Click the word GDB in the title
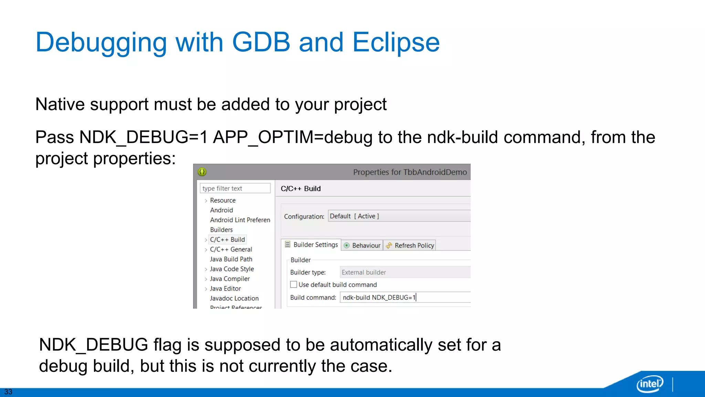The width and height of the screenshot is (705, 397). coord(261,42)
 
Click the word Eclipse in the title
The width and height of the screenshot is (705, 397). coord(396,42)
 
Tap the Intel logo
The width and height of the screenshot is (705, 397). coord(650,384)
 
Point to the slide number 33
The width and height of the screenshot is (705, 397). coord(8,392)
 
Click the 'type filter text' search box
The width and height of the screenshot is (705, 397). coord(235,188)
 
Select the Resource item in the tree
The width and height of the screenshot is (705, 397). coord(223,200)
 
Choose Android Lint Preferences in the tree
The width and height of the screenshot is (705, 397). coord(240,220)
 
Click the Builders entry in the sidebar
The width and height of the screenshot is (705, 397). coord(221,230)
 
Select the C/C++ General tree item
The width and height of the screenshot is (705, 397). coord(231,249)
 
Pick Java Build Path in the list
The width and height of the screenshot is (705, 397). coord(231,259)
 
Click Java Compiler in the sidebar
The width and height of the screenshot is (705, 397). coord(230,279)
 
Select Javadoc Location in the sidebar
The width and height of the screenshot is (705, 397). coord(234,298)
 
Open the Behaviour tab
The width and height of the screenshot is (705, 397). coord(362,245)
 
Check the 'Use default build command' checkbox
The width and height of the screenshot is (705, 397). coord(294,285)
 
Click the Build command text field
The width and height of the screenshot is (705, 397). coord(405,297)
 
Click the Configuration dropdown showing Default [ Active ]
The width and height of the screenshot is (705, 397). coord(399,216)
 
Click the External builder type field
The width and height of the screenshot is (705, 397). coord(405,272)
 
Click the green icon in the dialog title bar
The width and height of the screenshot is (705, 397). coord(202,172)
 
